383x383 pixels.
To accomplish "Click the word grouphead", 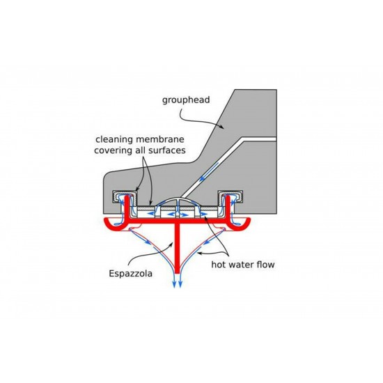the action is pos(186,100).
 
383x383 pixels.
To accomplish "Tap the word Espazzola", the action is pos(130,274).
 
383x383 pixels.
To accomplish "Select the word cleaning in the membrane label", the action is pos(114,140).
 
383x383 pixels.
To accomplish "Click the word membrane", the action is pos(159,139).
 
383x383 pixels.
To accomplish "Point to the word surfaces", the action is pos(167,150).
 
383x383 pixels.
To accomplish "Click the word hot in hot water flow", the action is pos(218,265).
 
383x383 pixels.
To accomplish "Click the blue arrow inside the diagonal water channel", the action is pos(209,172).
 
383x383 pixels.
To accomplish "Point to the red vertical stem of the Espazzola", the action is pos(178,248).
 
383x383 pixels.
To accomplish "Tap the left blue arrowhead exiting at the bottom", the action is pos(174,284).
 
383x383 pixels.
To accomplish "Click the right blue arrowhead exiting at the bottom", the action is pos(180,284).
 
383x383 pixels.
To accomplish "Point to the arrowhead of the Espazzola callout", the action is pos(172,242).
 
